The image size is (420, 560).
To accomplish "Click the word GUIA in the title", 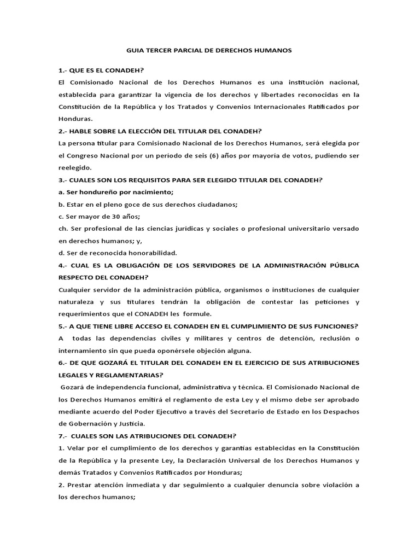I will [135, 50].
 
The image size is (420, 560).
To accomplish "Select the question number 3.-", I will [63, 180].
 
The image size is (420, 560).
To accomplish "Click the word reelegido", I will [75, 167].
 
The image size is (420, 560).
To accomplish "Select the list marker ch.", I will [62, 229].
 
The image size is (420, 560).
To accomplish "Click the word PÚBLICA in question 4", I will [342, 265].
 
